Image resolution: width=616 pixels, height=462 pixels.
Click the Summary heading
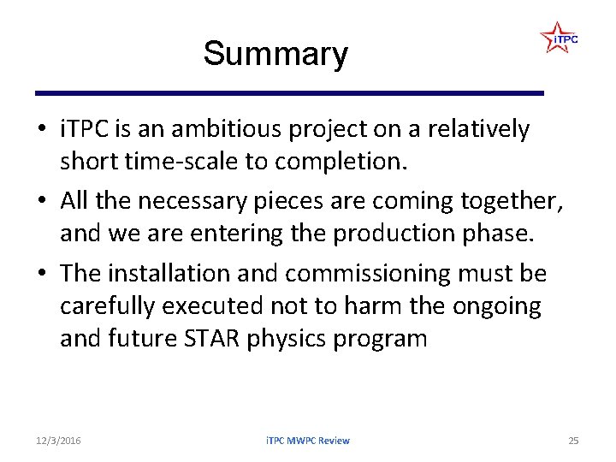point(275,54)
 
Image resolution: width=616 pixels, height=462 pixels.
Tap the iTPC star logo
point(559,38)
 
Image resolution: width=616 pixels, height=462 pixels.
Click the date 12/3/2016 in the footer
point(59,440)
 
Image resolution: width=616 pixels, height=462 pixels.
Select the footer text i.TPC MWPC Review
point(307,440)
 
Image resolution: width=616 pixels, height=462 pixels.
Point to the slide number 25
point(573,440)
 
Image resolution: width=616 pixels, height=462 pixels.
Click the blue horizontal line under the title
point(289,92)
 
